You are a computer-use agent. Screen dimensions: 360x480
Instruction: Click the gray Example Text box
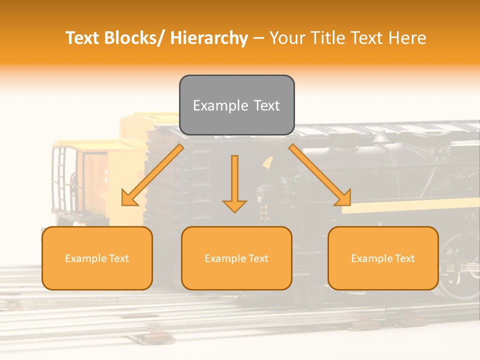coord(236,105)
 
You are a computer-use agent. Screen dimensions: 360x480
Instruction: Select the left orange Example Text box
coord(97,258)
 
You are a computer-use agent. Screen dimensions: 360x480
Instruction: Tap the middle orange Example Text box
coord(236,258)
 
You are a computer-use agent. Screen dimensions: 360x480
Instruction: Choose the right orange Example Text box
coord(383,258)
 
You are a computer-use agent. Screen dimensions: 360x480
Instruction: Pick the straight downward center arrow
coord(234,182)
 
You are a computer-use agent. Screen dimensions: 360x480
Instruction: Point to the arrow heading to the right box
coord(320,175)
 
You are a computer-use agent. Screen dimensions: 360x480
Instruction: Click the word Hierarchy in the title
coord(209,38)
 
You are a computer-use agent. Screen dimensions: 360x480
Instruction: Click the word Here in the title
coord(407,38)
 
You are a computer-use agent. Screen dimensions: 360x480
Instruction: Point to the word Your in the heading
coord(286,38)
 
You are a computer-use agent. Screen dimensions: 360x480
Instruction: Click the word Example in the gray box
coord(220,105)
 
